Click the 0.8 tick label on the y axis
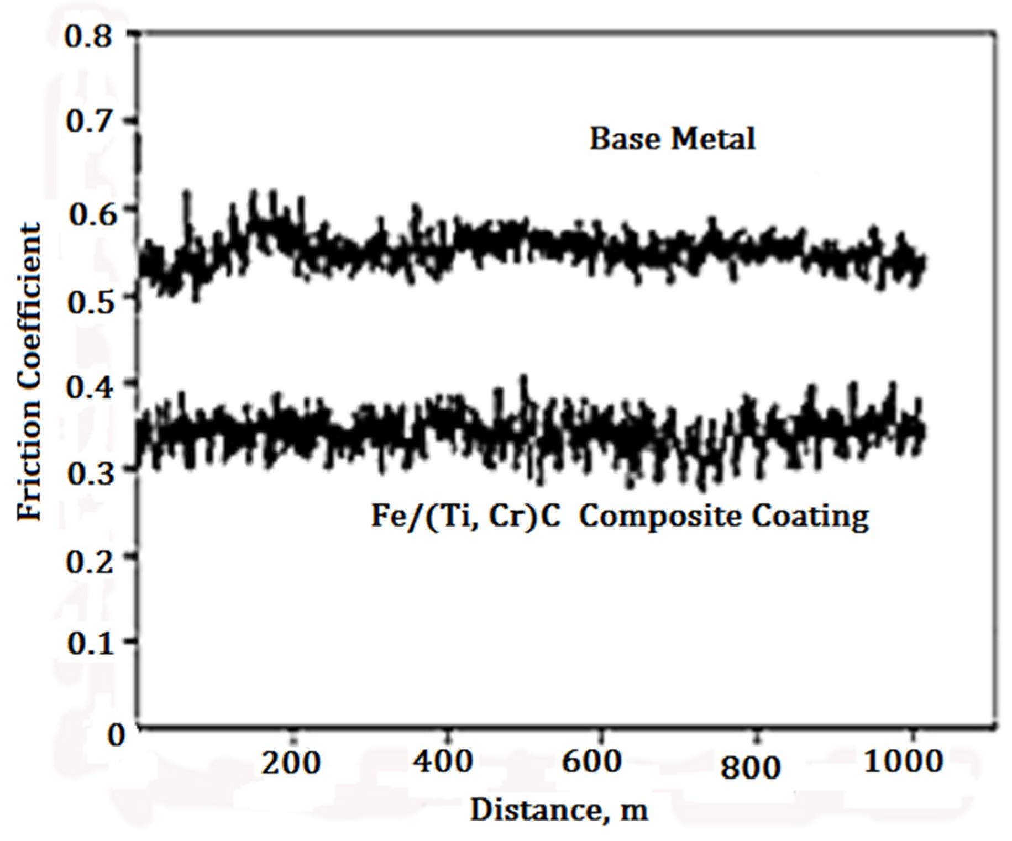click(88, 36)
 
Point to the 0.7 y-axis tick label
click(88, 121)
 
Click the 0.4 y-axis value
click(89, 387)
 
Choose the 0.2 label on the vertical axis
click(89, 561)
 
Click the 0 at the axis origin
click(117, 734)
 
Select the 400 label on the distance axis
click(443, 761)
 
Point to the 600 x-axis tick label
click(591, 761)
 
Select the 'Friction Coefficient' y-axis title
click(30, 371)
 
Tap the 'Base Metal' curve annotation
click(672, 138)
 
